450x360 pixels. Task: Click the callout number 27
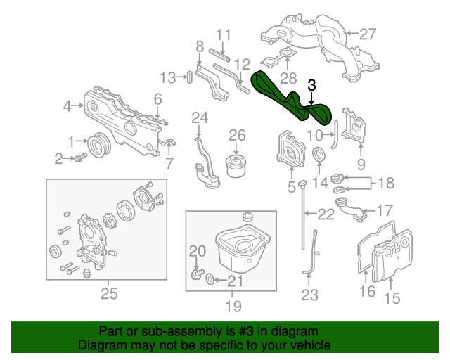tap(368, 33)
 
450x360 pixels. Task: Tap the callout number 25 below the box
tap(109, 293)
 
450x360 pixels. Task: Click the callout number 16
tap(367, 291)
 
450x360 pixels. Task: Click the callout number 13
tap(167, 77)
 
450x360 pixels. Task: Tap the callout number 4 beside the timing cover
tap(67, 106)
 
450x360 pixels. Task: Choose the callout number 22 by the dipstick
tap(326, 214)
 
